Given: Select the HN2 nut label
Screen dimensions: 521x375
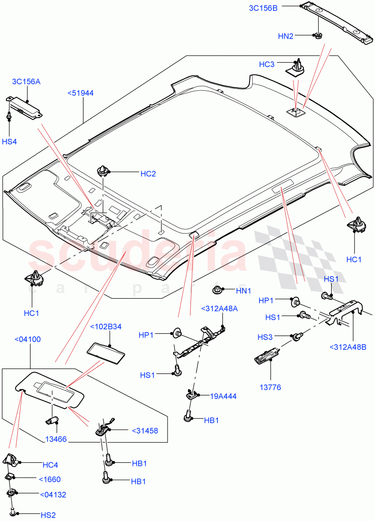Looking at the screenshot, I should (285, 36).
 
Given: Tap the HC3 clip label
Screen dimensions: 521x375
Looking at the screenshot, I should (266, 64).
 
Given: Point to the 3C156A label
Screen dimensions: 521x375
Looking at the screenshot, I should (26, 82).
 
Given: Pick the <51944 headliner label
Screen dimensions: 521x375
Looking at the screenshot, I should (80, 92).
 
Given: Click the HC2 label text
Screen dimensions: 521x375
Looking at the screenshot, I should (148, 174).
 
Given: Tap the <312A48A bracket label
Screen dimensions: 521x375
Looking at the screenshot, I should (220, 309).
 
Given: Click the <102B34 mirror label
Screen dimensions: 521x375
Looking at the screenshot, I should (105, 327).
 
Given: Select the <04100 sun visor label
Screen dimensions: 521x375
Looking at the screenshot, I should (27, 339).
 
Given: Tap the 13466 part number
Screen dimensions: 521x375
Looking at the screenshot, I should (56, 439).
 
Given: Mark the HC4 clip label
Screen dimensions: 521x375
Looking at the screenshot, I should (50, 465).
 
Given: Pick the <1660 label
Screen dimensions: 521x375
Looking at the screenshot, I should (49, 480).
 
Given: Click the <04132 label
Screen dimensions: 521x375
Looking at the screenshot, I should (53, 495).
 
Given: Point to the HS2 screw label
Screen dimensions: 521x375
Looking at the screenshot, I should (49, 515).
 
